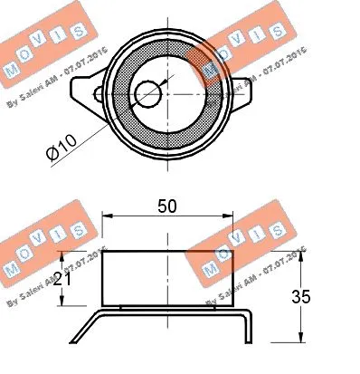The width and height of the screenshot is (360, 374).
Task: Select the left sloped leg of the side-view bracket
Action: (x=83, y=326)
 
